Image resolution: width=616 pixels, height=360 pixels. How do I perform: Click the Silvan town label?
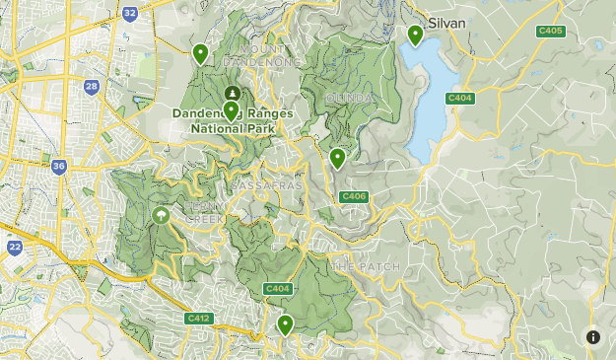click(446, 22)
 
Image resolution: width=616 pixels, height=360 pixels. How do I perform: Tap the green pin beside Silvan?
click(416, 36)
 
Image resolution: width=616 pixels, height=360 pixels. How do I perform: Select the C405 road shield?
click(550, 32)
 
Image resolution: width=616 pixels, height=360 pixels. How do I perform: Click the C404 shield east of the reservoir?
click(460, 97)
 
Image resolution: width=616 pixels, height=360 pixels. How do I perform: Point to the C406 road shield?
click(354, 197)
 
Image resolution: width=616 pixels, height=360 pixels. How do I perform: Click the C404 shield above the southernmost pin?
click(277, 288)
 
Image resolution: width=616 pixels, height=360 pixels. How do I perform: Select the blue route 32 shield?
click(130, 13)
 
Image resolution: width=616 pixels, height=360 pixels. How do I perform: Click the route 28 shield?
click(92, 88)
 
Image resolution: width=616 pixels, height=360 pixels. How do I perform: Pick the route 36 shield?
click(59, 167)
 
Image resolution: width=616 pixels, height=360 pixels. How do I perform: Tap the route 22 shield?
click(15, 247)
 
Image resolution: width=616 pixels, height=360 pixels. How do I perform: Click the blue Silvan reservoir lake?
click(427, 99)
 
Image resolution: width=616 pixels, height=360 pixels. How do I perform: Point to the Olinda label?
click(349, 99)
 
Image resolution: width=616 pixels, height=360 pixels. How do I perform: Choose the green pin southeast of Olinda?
click(337, 157)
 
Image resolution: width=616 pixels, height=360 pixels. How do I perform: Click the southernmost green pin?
click(286, 324)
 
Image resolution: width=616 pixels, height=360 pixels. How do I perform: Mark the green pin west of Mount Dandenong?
click(201, 53)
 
